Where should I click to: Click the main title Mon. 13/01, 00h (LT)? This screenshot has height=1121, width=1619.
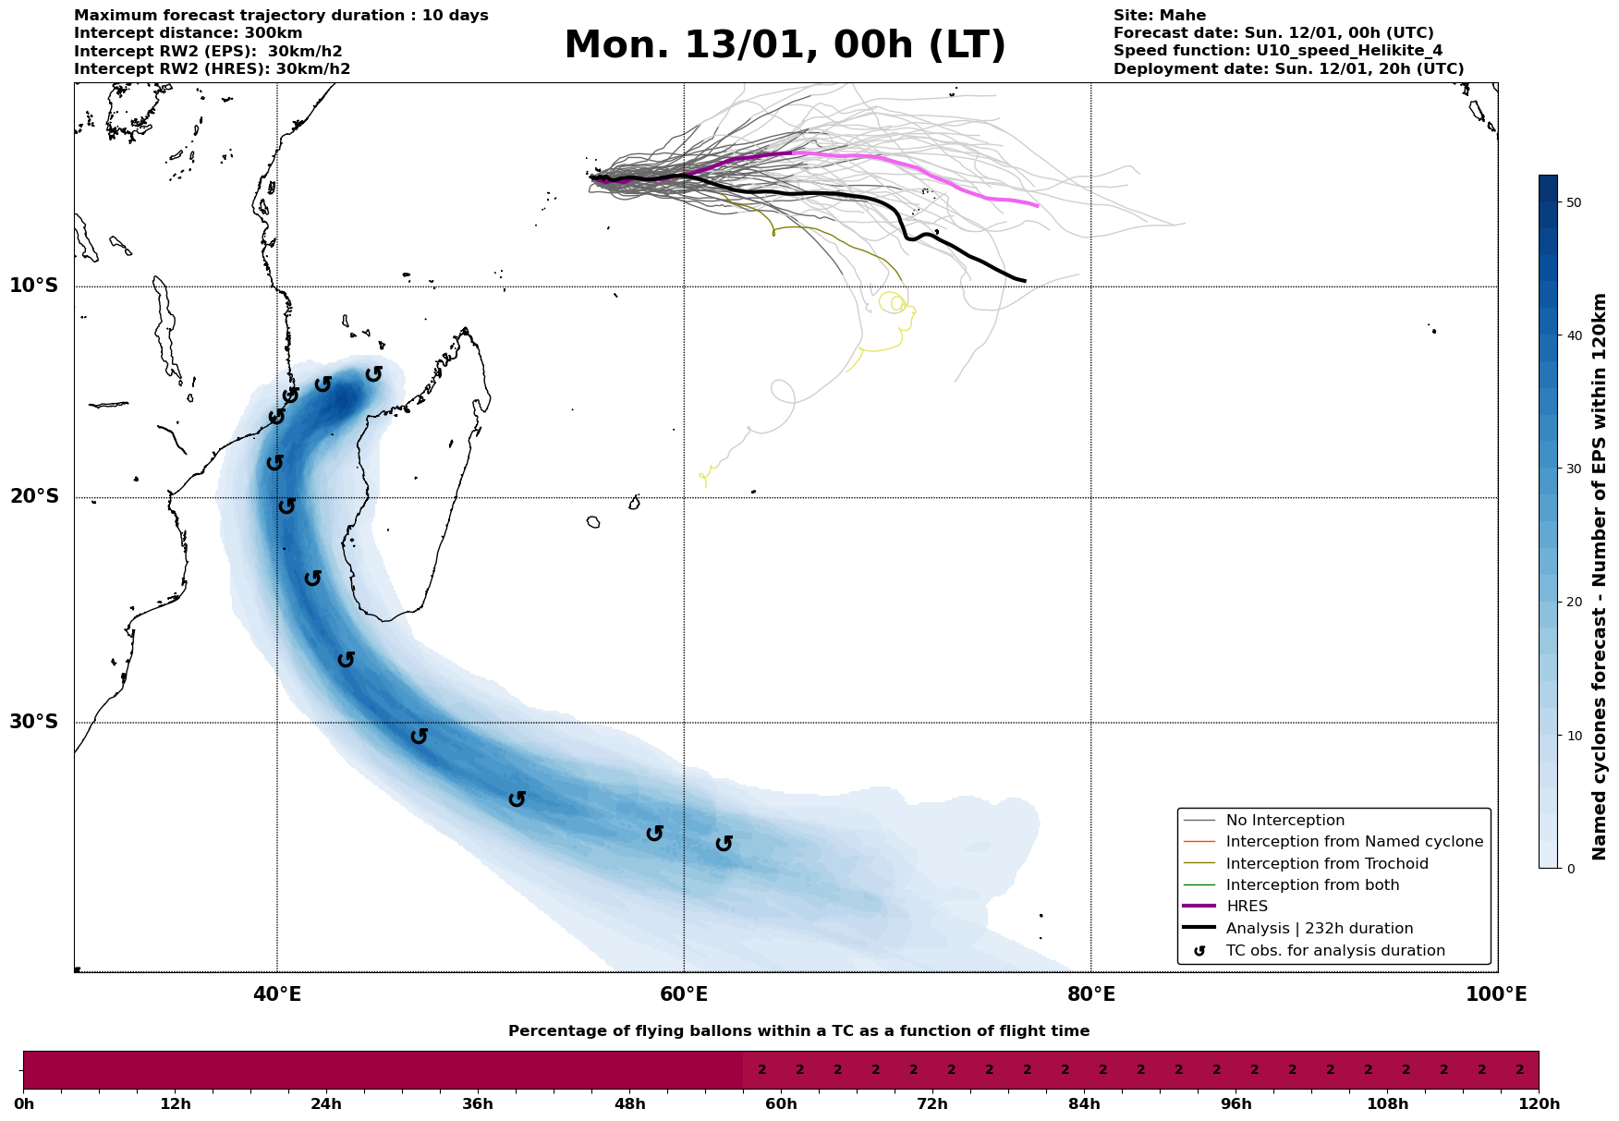(785, 45)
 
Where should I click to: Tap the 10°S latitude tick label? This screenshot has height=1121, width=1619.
(34, 286)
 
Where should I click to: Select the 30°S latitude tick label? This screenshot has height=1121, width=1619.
(34, 722)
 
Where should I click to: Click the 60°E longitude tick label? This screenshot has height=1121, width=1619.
(684, 994)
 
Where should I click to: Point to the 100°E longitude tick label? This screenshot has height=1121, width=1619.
(1496, 994)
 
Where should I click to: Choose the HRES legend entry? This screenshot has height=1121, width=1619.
(1247, 907)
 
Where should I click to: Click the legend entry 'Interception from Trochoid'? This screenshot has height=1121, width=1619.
(1326, 864)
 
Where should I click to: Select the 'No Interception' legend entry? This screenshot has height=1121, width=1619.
(1284, 821)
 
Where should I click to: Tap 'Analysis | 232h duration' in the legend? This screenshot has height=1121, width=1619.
(1319, 929)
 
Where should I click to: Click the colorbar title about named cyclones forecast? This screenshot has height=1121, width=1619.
(1601, 577)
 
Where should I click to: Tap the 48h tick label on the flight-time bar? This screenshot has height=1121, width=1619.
(629, 1103)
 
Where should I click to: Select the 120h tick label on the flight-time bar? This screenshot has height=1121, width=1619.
(1538, 1103)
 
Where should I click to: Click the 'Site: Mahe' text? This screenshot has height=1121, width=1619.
(1159, 16)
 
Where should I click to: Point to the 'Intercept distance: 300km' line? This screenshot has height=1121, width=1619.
(188, 33)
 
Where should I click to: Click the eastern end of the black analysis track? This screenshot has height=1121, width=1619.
(1024, 280)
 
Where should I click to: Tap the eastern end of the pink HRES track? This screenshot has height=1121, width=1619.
(1038, 206)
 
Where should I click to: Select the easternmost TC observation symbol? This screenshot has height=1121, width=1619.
(724, 843)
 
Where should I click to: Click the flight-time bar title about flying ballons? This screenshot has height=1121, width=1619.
(798, 1031)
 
